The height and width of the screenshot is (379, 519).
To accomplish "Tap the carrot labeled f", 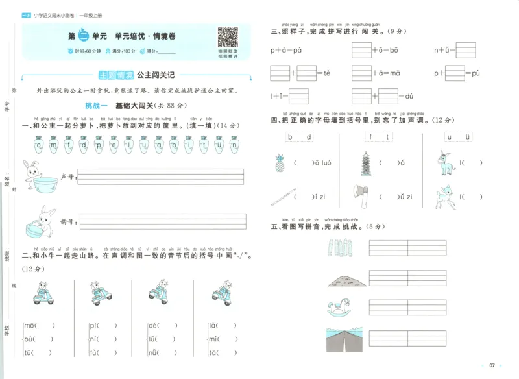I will point(69,147).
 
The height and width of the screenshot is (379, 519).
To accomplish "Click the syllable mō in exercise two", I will point(29,326).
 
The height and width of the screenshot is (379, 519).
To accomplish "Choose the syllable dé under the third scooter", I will point(154,326).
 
